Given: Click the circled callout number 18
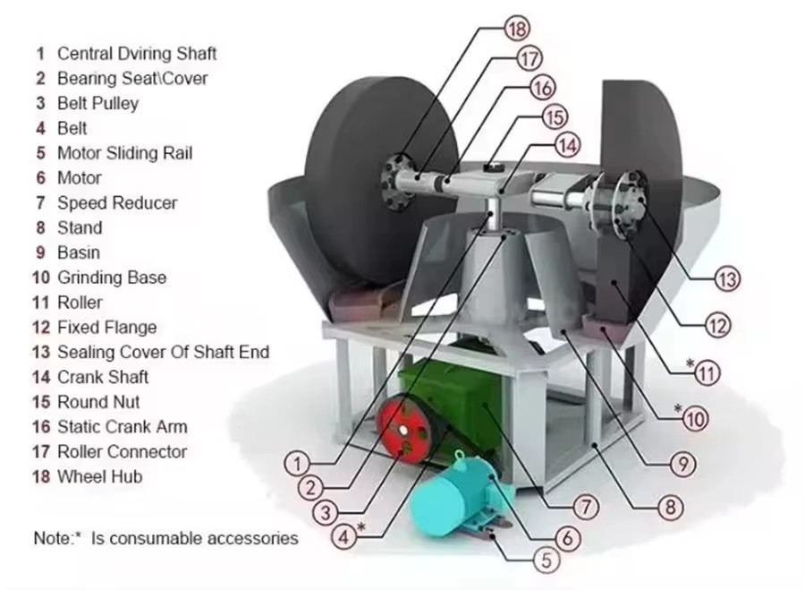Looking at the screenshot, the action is coord(516,29).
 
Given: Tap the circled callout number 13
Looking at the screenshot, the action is coord(727,279).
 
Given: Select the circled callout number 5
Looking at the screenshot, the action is coord(547,560).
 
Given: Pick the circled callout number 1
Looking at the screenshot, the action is coord(297,464).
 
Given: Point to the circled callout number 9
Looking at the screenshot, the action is coord(683,465).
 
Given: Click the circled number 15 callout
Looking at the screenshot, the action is coord(555,117).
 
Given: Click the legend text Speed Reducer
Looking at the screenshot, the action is coord(117,203).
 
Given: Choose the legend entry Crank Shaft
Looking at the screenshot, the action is coord(103,377).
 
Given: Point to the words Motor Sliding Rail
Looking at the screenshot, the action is coord(124,153).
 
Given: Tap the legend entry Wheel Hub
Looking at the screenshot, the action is coord(99,477).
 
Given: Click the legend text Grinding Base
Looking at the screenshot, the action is coord(112,278).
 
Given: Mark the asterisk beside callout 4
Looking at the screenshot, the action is coord(361,527).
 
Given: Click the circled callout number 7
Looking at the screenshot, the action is coord(586,507).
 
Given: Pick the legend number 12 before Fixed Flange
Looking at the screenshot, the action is coord(41,328).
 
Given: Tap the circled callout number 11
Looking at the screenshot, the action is coord(708,372).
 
